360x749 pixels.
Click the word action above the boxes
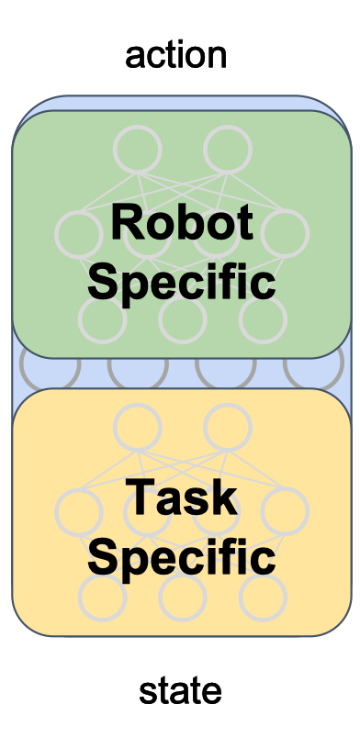point(176,55)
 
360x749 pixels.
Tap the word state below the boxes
point(180,690)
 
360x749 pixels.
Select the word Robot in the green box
point(181,222)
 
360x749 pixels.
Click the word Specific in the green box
point(181,282)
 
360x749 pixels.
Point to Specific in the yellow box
point(181,557)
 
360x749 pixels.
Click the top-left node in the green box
point(136,147)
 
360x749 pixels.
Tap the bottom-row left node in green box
point(102,319)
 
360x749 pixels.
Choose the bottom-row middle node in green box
point(182,319)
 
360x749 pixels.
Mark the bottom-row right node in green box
point(262,319)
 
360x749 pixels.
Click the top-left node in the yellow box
point(136,425)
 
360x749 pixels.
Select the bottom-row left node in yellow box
point(102,597)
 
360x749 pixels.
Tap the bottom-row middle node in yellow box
point(182,597)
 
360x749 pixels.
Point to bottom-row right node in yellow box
point(262,597)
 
